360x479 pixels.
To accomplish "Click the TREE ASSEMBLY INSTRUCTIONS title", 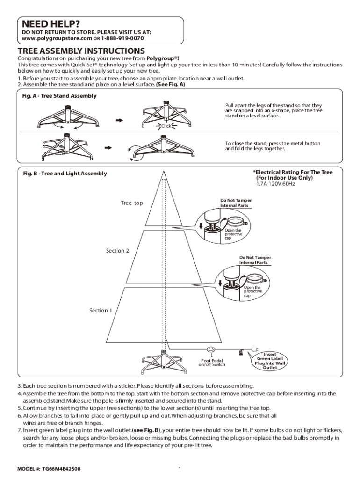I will pyautogui.click(x=81, y=51).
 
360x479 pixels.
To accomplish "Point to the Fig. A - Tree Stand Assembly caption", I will pyautogui.click(x=59, y=96).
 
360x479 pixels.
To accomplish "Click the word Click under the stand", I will pyautogui.click(x=166, y=126).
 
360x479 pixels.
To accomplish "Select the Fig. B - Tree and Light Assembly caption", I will pyautogui.click(x=65, y=174).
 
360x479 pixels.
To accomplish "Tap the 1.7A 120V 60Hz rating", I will pyautogui.click(x=275, y=184).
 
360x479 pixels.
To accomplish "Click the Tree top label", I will pyautogui.click(x=132, y=203).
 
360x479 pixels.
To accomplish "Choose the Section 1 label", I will pyautogui.click(x=101, y=311).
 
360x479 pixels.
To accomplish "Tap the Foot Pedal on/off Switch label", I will pyautogui.click(x=212, y=363).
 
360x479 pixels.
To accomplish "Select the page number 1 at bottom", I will pyautogui.click(x=180, y=469).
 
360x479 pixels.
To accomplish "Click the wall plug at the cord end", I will pyautogui.click(x=255, y=349).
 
